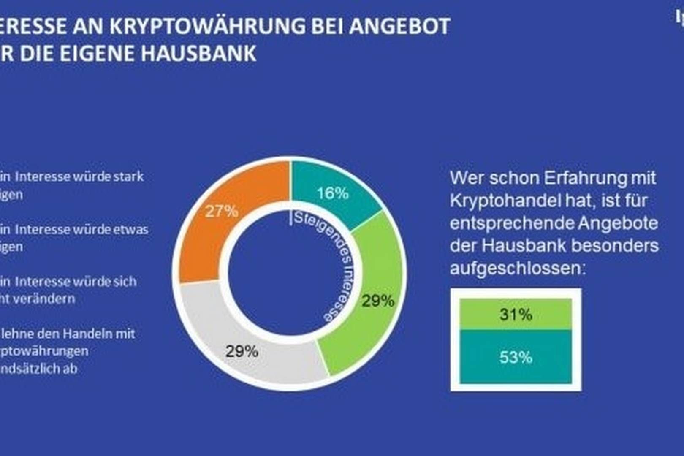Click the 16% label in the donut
333,193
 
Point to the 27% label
222,211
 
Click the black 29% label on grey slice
242,351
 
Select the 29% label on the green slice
378,301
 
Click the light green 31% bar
516,314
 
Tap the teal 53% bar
516,357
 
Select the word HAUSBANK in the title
198,54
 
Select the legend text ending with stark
72,176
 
